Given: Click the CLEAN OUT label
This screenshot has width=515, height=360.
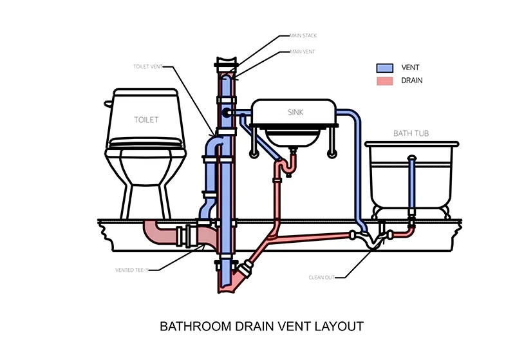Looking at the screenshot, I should tap(322, 278).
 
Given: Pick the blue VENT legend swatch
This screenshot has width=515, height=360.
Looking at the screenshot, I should tap(384, 68).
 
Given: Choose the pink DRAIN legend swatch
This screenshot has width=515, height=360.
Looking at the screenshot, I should tap(384, 81).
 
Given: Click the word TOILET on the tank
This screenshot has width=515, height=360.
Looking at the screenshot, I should tap(146, 119).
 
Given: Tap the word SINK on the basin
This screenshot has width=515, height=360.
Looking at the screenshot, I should tap(295, 112).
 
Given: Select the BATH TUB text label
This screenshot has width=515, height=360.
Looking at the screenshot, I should tap(411, 134).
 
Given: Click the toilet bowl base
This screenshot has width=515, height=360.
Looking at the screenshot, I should tap(145, 193).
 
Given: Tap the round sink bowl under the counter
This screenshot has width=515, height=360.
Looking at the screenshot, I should tap(294, 137).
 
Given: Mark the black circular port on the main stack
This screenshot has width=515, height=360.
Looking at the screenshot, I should tap(227, 113).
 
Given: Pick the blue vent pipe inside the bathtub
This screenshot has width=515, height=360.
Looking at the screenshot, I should tap(412, 184).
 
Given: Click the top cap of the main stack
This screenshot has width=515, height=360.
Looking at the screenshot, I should tap(225, 62).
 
